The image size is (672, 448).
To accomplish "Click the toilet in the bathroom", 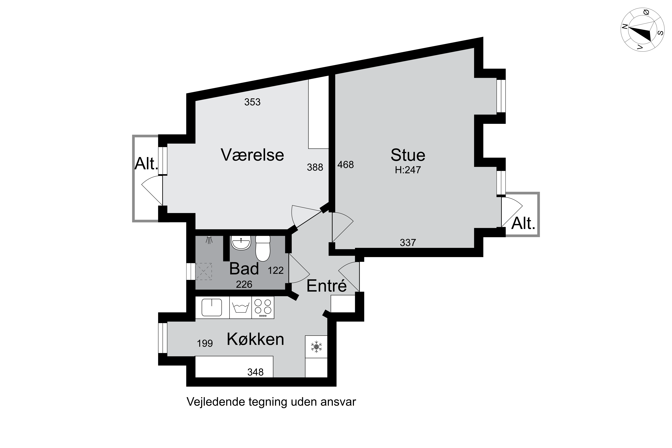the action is click(263, 248).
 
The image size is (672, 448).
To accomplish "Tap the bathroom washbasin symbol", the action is click(241, 243).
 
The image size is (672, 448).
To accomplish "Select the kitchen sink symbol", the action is click(212, 307).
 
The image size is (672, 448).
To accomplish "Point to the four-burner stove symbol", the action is click(263, 307).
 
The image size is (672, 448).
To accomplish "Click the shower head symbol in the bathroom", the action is click(210, 240).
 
